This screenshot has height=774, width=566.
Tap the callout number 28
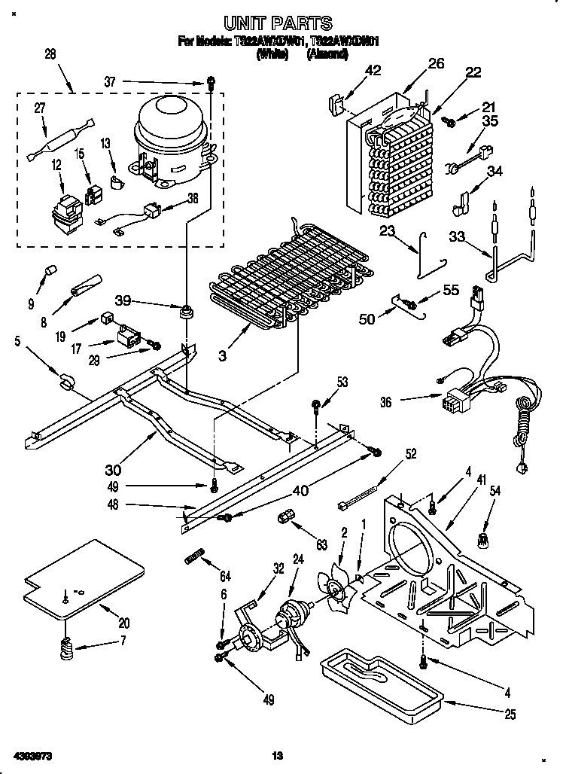coord(50,55)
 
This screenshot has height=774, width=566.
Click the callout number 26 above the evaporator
coord(437,64)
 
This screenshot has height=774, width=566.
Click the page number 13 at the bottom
coord(276,755)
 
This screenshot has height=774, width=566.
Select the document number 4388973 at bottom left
coord(33,755)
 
